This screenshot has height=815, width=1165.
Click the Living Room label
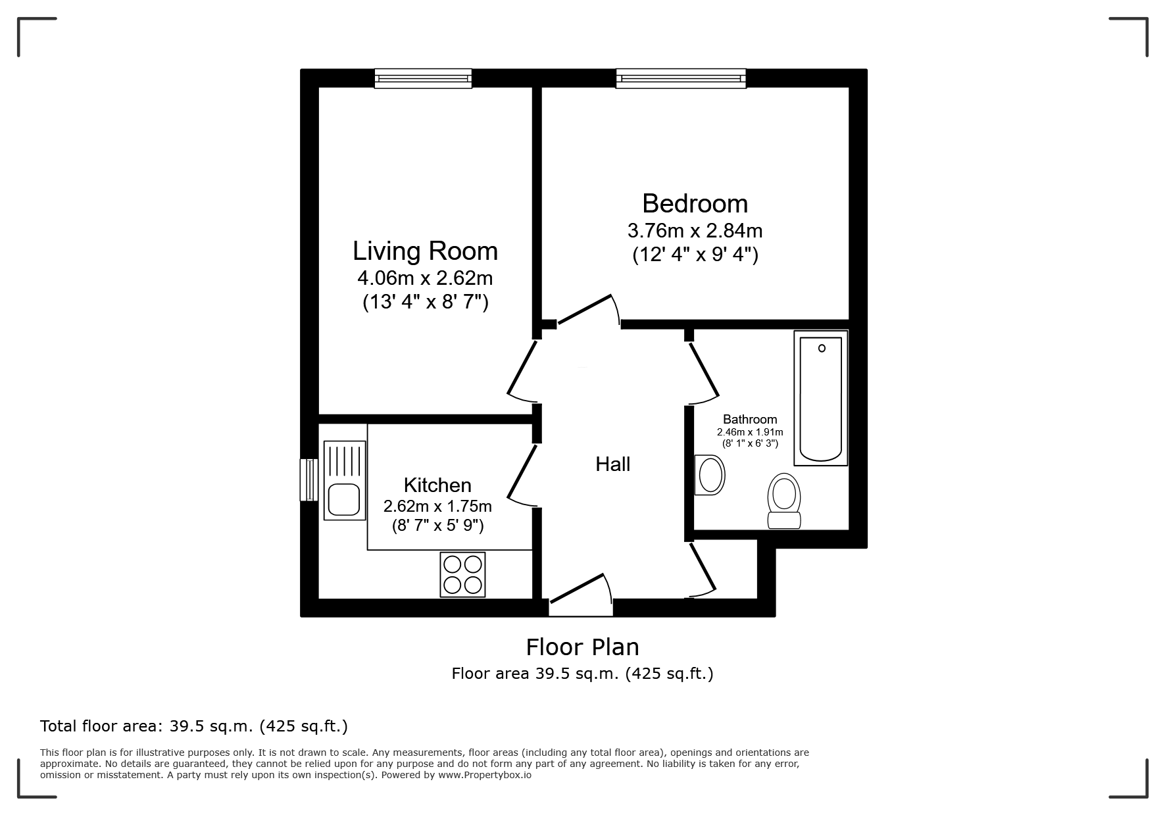coord(425,251)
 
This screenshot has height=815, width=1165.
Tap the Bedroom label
coord(695,204)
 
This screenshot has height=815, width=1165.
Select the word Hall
coord(612,464)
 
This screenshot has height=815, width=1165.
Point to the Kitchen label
coord(437,485)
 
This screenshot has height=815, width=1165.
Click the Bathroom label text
coord(750,420)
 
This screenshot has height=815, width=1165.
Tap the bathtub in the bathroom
coord(820,398)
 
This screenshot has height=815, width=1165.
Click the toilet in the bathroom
coord(784,501)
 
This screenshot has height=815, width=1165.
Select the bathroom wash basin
coord(710,475)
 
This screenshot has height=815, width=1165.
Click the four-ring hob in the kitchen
coord(462,574)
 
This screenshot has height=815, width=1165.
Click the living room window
coord(423,79)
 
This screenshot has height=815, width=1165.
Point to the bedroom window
coord(681,79)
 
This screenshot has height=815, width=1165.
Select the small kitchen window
coord(309,480)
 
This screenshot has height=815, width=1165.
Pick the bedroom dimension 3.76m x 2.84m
coord(695,231)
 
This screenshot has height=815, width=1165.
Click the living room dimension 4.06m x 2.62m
coord(425,278)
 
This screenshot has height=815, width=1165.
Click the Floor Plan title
coord(582,647)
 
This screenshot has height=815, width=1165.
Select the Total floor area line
coord(194,726)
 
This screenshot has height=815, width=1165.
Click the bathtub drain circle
coord(822,349)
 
